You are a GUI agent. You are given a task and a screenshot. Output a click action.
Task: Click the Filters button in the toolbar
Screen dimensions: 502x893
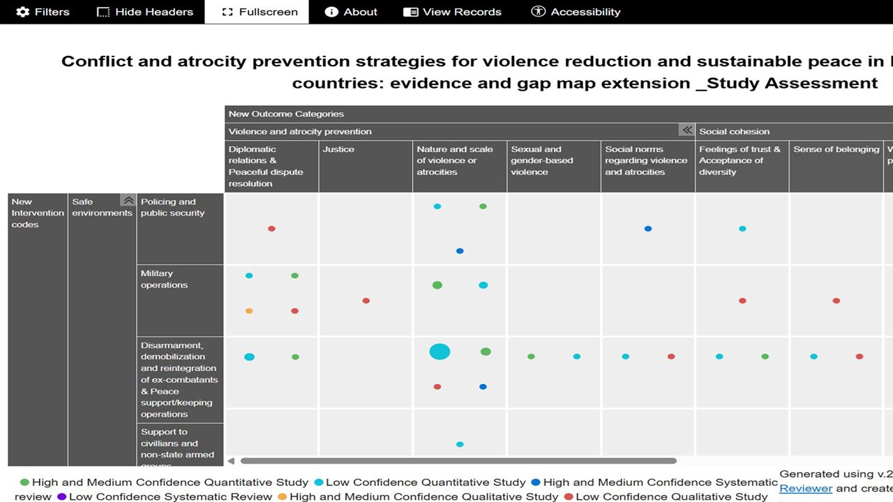(x=43, y=12)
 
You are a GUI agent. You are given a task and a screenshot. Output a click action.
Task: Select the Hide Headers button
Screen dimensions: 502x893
(x=144, y=12)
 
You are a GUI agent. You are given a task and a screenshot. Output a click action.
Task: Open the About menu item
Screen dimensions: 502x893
(x=351, y=12)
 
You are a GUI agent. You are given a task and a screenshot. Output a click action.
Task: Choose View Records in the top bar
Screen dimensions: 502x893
(x=452, y=12)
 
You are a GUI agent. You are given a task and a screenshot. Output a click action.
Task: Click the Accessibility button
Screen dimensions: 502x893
(x=576, y=12)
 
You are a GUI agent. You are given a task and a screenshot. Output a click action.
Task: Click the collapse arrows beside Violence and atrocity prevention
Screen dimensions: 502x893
(x=687, y=130)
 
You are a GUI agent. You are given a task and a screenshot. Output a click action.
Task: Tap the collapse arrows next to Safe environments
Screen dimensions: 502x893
(x=128, y=201)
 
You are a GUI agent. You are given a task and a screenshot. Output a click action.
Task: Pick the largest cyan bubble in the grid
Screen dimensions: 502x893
(x=440, y=351)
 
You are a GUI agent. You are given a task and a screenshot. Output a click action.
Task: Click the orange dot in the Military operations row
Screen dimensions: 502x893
(x=249, y=311)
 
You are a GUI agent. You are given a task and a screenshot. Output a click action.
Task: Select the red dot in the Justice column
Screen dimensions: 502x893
(x=366, y=301)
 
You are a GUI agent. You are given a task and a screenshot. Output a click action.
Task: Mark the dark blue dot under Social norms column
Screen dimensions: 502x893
(x=648, y=229)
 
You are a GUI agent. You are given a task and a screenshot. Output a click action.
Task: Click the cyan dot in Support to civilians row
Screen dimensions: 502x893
(x=460, y=444)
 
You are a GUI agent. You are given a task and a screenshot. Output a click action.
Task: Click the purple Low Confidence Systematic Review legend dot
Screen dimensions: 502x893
(x=61, y=497)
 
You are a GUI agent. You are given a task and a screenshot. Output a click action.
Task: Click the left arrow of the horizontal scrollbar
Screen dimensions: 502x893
(x=232, y=461)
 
